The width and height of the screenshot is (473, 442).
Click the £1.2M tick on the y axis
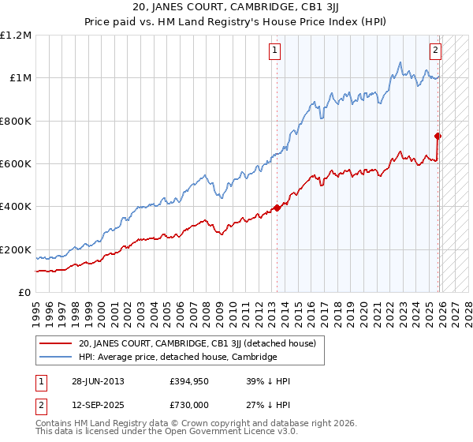click(16, 36)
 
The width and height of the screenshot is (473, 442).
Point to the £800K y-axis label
click(16, 121)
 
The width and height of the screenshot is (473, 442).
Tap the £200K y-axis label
click(16, 249)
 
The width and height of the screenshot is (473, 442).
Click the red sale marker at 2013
click(277, 208)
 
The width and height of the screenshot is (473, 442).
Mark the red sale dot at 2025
click(438, 136)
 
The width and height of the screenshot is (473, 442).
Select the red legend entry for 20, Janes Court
click(197, 343)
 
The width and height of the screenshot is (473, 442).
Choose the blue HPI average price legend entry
click(177, 357)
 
